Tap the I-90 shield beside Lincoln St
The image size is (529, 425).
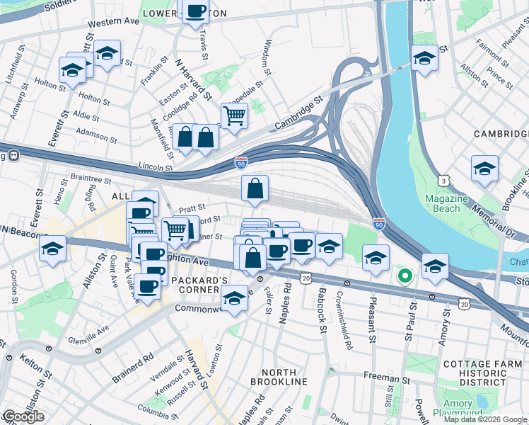click(x=241, y=164)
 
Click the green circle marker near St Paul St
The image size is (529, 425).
click(x=405, y=276)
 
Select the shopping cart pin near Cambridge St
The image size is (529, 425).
click(x=234, y=115)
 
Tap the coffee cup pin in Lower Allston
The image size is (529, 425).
click(x=195, y=11)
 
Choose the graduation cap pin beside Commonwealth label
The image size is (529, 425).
click(x=234, y=297)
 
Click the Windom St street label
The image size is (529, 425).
click(x=267, y=57)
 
